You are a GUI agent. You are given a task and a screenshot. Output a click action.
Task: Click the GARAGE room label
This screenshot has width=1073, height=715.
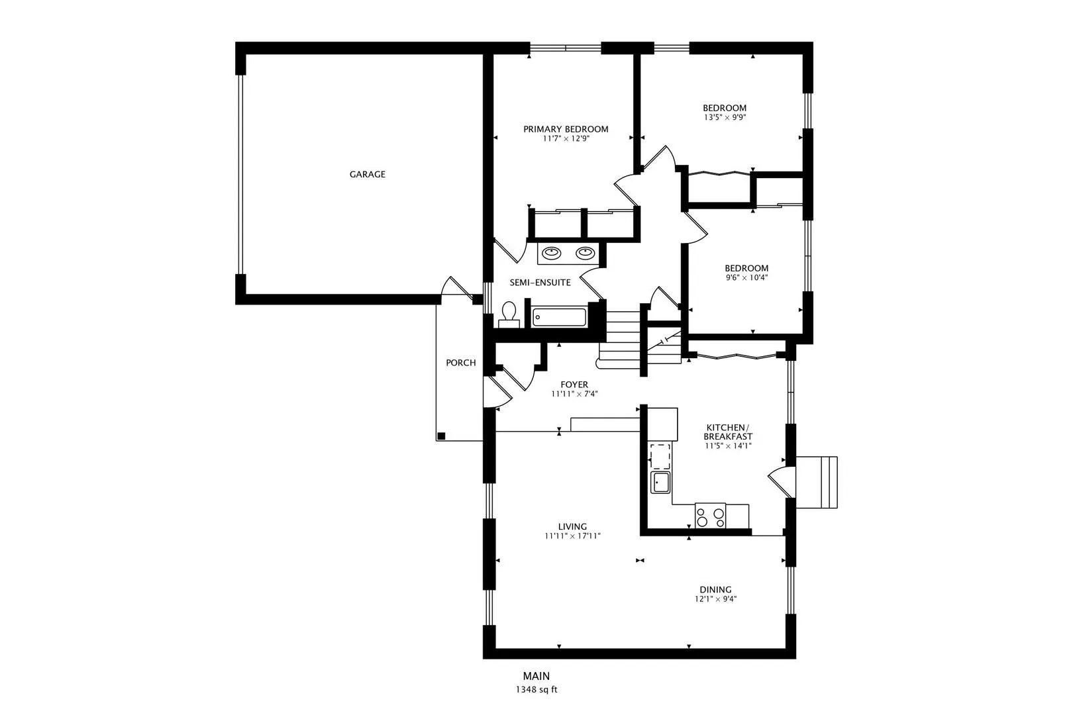[x=367, y=175]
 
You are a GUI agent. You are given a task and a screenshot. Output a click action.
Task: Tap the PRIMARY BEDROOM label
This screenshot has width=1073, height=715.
[x=566, y=129]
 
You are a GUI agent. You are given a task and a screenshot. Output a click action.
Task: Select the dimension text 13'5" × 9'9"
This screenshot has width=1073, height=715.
[x=725, y=118]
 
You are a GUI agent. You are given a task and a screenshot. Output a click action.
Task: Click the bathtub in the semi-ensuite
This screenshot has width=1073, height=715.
[x=559, y=317]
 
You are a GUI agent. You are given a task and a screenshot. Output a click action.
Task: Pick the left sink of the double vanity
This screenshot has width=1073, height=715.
[x=551, y=252]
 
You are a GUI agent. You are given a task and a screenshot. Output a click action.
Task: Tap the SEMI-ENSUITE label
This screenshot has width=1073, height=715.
[x=540, y=283]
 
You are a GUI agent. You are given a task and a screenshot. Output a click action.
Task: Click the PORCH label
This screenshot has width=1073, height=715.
[x=460, y=363]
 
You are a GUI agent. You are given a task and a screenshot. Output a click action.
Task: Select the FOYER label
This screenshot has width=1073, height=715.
[x=574, y=385]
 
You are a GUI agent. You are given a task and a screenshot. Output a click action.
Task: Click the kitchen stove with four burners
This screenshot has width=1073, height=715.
[x=710, y=516]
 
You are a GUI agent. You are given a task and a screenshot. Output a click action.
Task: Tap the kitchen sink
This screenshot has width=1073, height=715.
[x=660, y=482]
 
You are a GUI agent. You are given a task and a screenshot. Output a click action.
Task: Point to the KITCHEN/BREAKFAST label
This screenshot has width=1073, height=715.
[x=727, y=432]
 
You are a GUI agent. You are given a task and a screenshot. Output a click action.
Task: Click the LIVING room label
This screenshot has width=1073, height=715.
[x=572, y=527]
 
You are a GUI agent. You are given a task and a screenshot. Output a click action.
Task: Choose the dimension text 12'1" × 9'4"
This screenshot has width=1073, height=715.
[x=715, y=599]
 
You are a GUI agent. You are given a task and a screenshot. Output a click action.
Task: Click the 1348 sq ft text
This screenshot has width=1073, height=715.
[x=536, y=690]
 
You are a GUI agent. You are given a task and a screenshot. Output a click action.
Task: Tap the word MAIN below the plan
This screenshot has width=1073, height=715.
[x=536, y=676]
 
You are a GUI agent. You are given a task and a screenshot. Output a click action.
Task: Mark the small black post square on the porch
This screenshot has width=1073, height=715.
[x=441, y=436]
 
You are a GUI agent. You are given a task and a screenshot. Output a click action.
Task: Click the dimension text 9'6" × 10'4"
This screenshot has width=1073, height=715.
[x=746, y=278]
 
